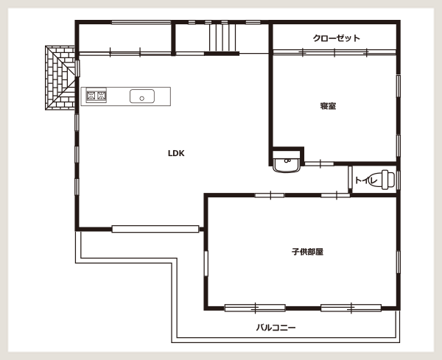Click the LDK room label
click(176, 153)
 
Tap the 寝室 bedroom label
click(328, 106)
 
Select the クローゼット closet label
click(337, 38)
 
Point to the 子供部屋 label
click(307, 252)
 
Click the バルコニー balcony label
click(276, 328)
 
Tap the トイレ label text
click(366, 180)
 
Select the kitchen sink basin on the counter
click(142, 96)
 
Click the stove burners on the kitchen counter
click(97, 96)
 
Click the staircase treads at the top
click(222, 38)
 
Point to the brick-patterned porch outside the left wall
click(60, 78)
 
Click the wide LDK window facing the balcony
click(155, 229)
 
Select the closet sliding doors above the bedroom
click(334, 52)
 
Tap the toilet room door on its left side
click(350, 179)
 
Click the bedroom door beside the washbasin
click(319, 163)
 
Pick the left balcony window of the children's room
click(255, 308)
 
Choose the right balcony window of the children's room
click(351, 308)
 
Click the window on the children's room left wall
click(206, 264)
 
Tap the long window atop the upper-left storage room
click(141, 22)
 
